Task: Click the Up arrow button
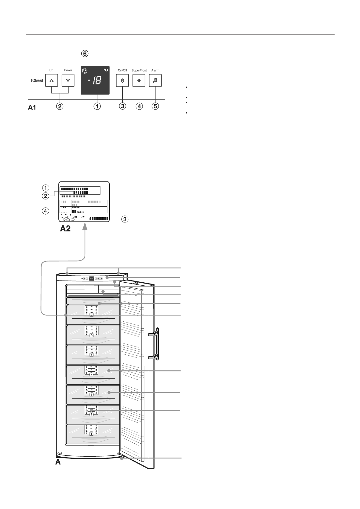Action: (51, 80)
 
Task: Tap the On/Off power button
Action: (123, 81)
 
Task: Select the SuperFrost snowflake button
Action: (139, 81)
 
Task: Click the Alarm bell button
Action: (155, 81)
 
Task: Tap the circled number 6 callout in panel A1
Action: (85, 54)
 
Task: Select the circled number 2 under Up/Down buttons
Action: (60, 106)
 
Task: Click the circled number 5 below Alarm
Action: (155, 106)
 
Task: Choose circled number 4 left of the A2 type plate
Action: (45, 211)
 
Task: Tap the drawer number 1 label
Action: (91, 434)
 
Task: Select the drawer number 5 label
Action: (91, 355)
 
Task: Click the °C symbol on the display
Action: (105, 70)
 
